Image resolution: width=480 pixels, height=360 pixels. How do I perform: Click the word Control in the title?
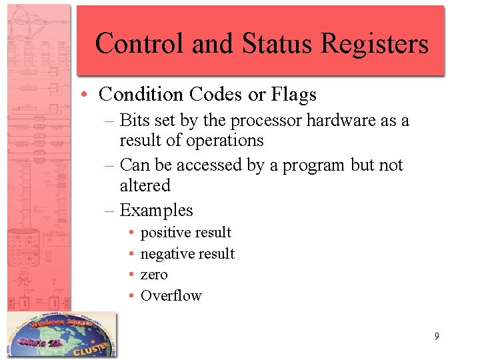tap(140, 43)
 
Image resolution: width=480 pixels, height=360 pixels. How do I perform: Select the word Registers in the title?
tap(375, 43)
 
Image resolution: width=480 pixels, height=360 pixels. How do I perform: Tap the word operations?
tap(225, 141)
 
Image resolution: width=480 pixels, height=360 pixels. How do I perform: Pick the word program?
tap(314, 165)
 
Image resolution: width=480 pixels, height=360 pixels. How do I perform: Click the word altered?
tap(145, 185)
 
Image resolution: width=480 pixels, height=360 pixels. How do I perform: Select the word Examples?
tap(156, 211)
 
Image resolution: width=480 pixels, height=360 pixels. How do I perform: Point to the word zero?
tap(154, 275)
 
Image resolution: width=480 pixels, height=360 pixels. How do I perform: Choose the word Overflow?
tap(171, 295)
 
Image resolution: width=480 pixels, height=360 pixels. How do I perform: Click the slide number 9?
tap(437, 336)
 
